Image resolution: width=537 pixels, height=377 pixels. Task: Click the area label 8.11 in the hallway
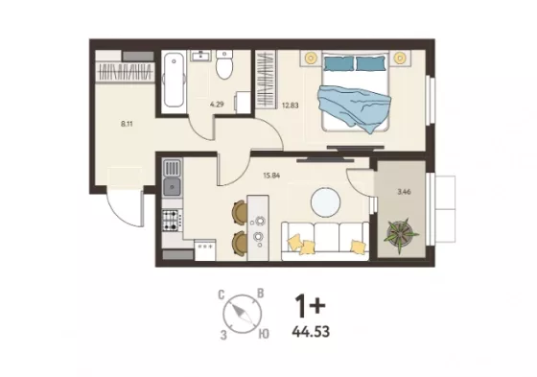click(x=127, y=124)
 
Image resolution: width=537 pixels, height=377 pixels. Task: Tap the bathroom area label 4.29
click(x=217, y=105)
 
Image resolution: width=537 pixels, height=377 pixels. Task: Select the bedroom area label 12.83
click(x=290, y=106)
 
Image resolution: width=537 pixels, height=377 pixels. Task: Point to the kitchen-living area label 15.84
click(x=271, y=176)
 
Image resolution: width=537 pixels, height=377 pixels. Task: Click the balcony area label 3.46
click(x=404, y=192)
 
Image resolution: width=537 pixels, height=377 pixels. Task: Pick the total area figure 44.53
click(x=311, y=332)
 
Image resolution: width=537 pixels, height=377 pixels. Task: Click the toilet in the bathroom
click(x=224, y=65)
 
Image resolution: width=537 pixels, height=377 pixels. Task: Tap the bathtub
click(x=174, y=80)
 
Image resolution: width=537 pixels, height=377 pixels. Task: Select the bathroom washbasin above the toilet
click(x=200, y=56)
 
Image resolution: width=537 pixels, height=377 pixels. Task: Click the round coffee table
click(x=326, y=202)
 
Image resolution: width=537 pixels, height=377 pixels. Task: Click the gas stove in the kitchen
click(x=172, y=220)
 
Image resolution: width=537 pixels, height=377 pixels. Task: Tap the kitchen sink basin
click(x=172, y=187)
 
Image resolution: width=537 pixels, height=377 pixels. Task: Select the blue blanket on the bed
click(x=355, y=107)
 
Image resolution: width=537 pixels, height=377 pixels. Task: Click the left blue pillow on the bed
click(x=339, y=63)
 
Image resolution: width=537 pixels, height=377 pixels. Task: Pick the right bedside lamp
click(x=399, y=58)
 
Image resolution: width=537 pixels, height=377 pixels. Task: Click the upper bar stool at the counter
click(x=240, y=213)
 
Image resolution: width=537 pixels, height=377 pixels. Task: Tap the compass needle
click(x=243, y=314)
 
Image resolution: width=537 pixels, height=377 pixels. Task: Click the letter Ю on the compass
click(x=264, y=334)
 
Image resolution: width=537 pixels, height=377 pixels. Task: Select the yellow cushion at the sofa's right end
click(x=358, y=247)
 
